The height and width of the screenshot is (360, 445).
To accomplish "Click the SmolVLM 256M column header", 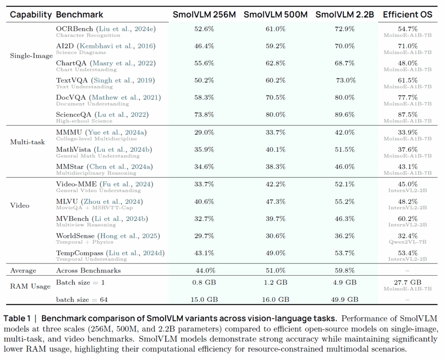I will tap(204, 14).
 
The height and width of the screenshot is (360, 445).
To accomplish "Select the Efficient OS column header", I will tap(408, 14).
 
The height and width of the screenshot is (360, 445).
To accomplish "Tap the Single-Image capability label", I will tap(31, 56).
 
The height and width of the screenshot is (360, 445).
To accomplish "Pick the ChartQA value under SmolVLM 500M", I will tap(276, 63).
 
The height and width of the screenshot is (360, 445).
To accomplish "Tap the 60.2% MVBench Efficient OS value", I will tap(408, 218).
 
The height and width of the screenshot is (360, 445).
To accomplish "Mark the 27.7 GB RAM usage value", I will tap(408, 282).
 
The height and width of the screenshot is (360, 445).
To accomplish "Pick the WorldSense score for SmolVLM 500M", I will tap(276, 236).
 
